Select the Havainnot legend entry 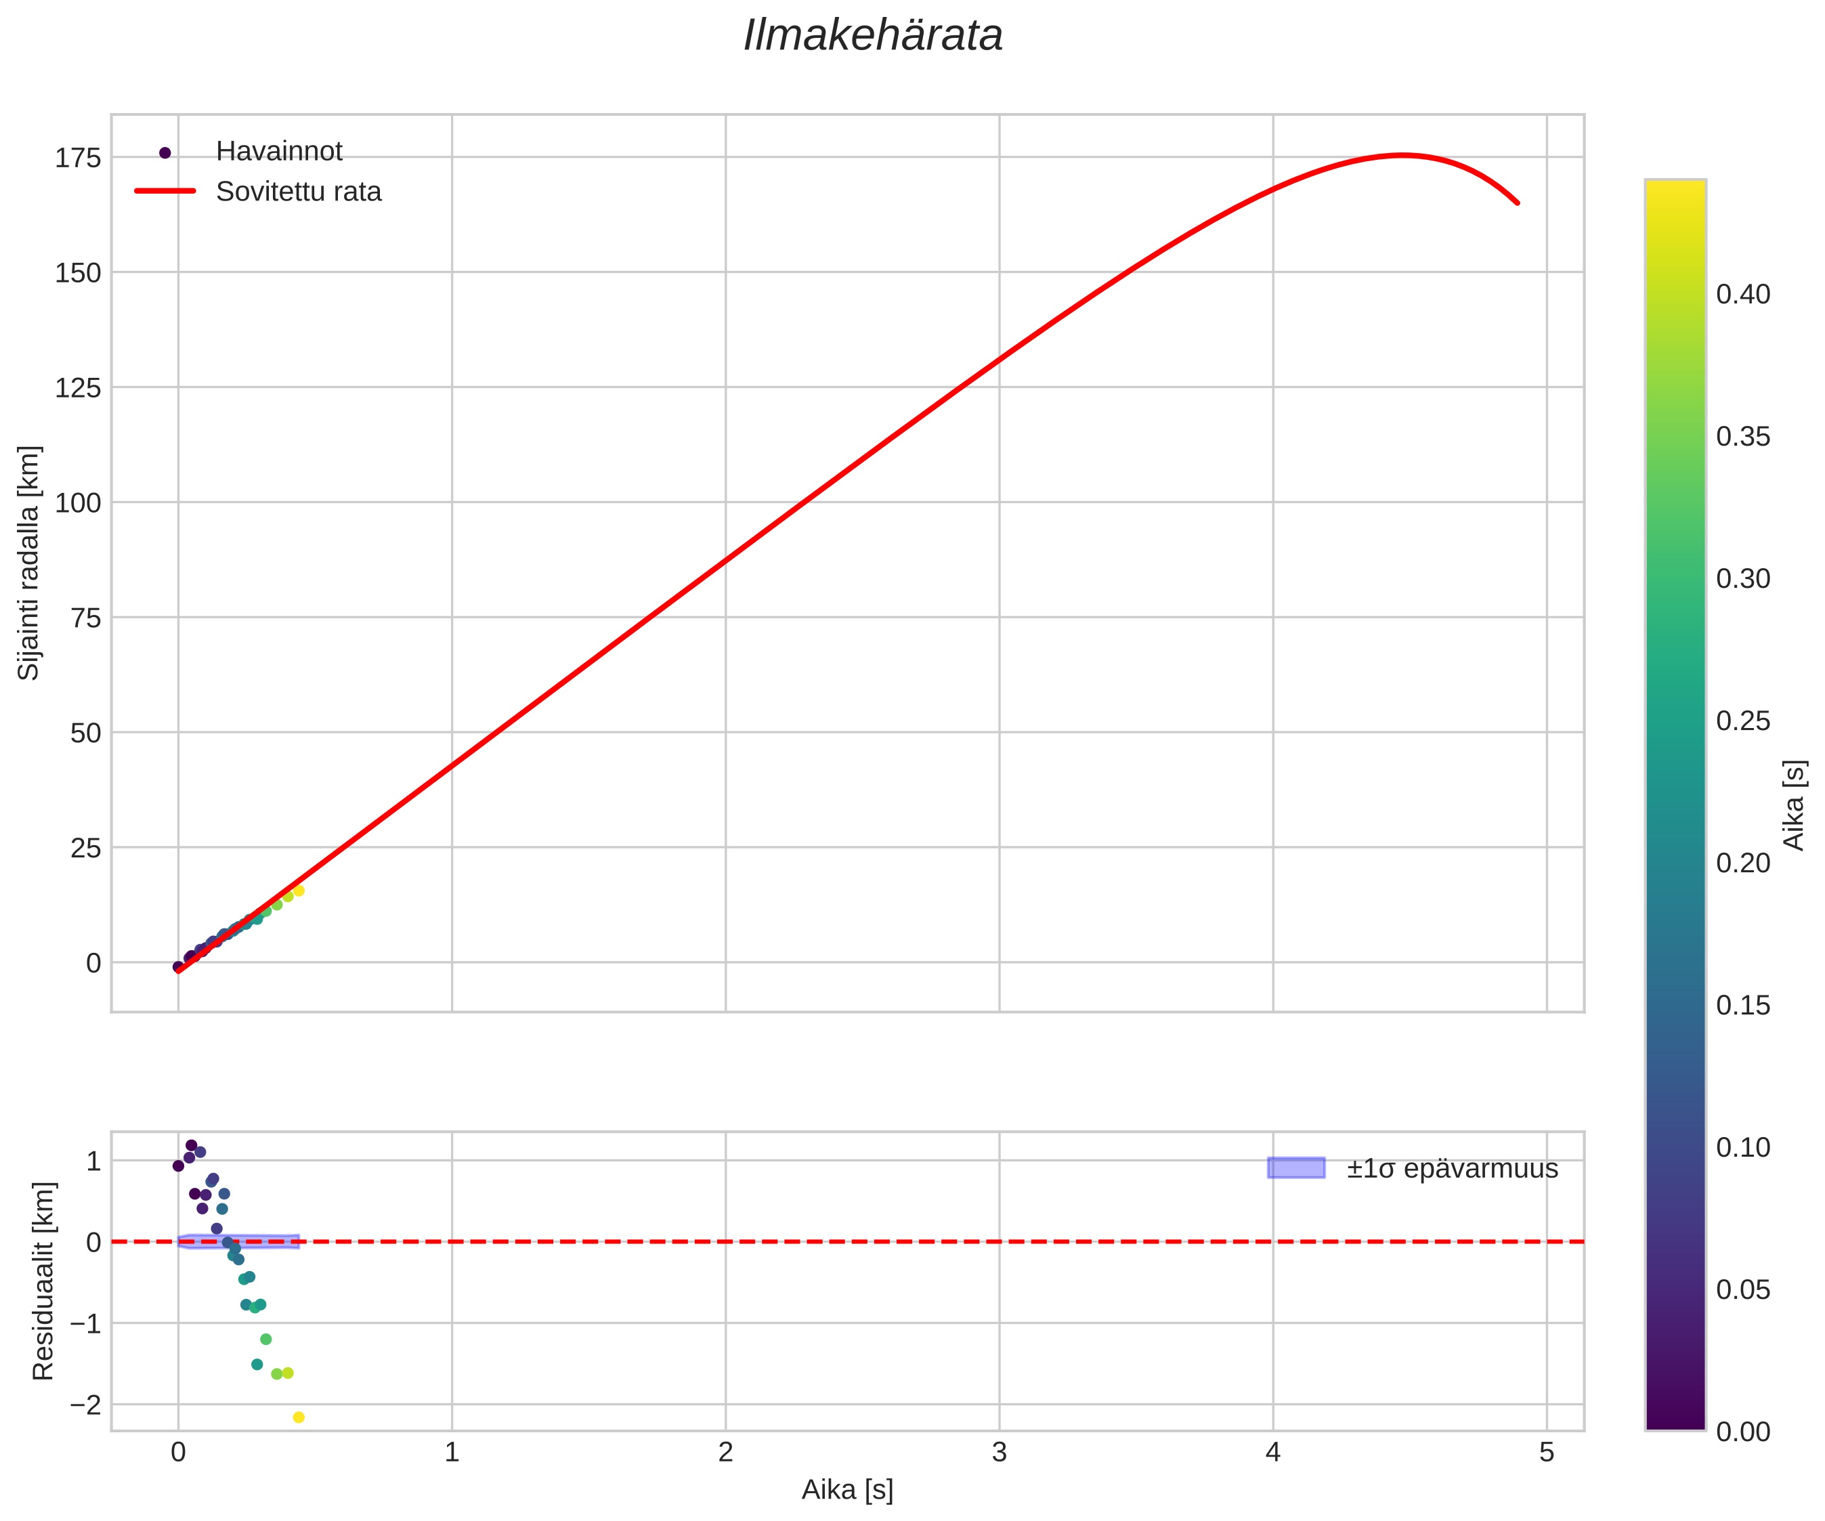point(278,151)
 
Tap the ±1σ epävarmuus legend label point(1452,1169)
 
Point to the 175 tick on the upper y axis point(79,158)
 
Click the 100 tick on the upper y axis point(79,503)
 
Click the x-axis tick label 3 point(1000,1453)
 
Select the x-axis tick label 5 point(1547,1453)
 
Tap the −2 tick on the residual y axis point(85,1405)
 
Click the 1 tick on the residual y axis point(94,1161)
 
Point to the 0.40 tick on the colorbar point(1742,295)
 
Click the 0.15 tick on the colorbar point(1742,1006)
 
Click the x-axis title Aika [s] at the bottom point(847,1490)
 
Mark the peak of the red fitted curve point(1402,156)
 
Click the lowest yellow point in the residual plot point(299,1417)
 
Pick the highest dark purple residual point point(191,1146)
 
